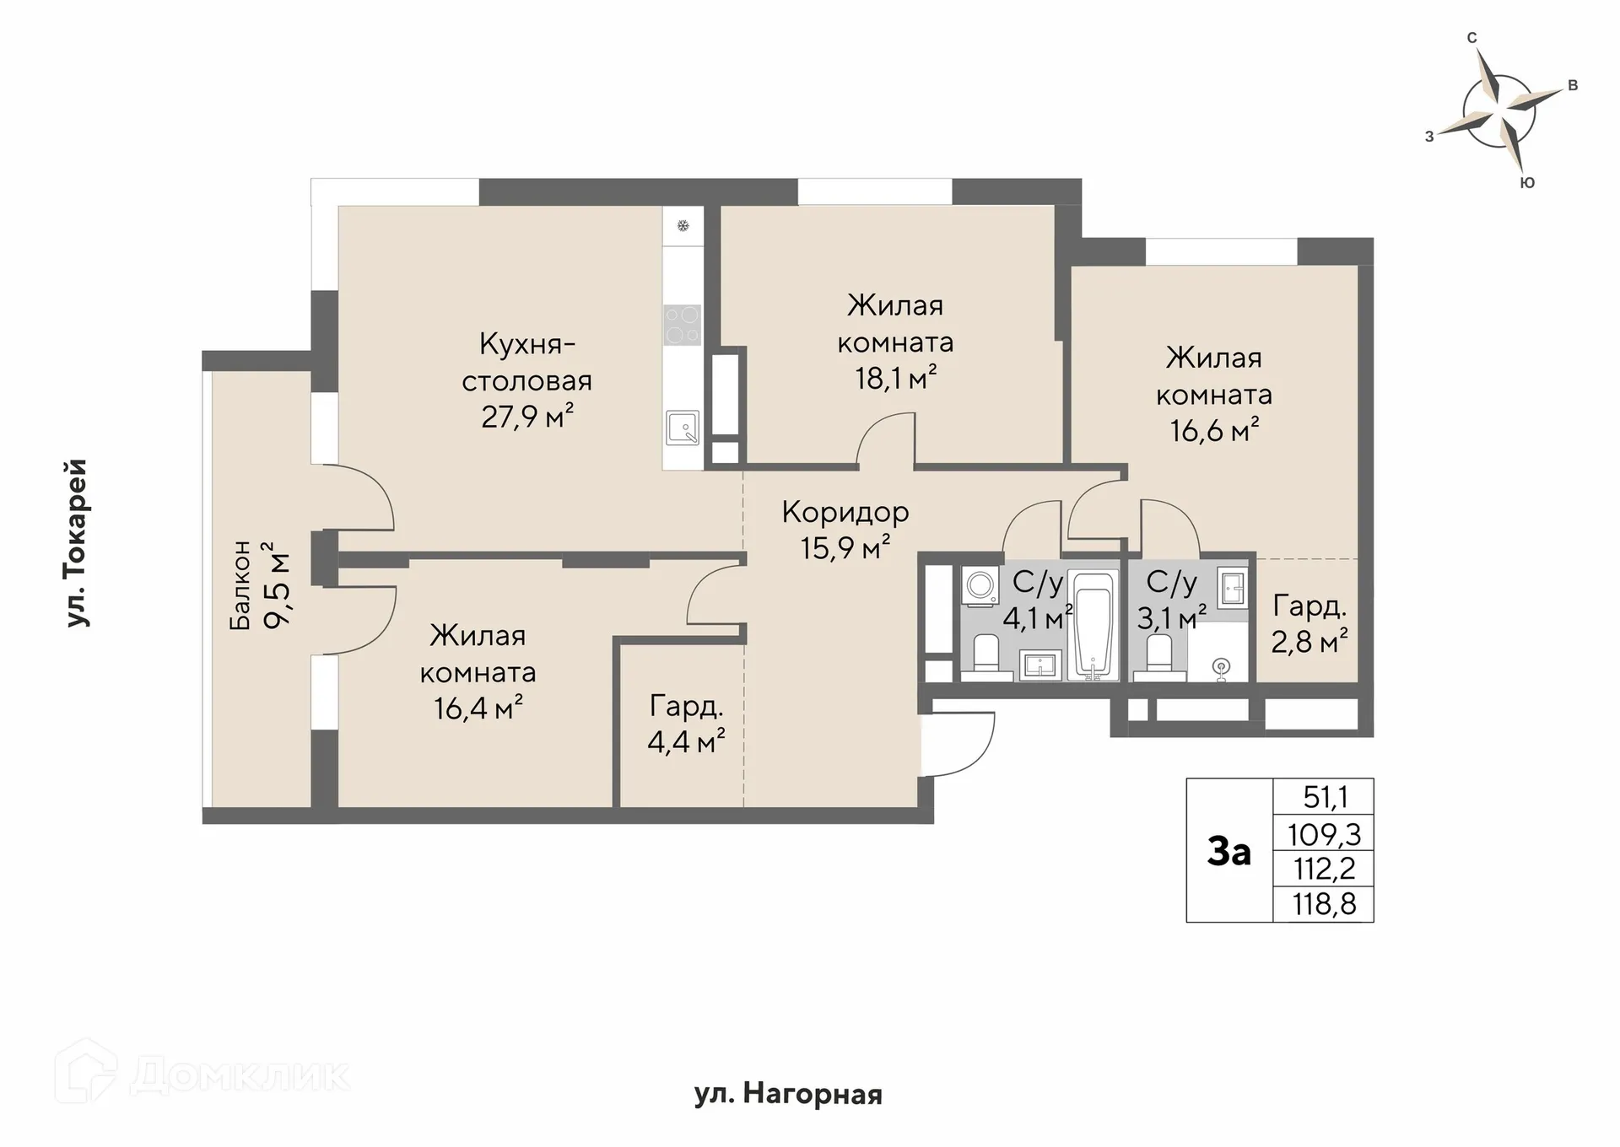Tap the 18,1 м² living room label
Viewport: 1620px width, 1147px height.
click(x=895, y=342)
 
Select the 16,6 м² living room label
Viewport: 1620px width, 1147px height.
click(x=1214, y=394)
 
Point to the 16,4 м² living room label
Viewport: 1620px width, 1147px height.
click(x=478, y=672)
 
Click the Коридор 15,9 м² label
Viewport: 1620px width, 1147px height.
click(x=845, y=530)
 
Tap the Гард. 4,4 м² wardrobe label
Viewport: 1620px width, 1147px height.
click(x=686, y=724)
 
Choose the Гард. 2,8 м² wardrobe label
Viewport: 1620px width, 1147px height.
click(x=1309, y=624)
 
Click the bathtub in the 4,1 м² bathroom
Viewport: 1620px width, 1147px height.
click(x=1093, y=624)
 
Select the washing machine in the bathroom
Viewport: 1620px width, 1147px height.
click(x=981, y=584)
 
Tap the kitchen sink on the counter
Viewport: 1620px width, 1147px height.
click(x=683, y=428)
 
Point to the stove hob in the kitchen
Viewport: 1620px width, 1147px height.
click(x=683, y=325)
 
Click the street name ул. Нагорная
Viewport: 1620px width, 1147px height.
click(x=788, y=1095)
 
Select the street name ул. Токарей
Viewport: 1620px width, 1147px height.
click(x=77, y=543)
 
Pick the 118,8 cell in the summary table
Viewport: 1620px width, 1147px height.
click(x=1324, y=904)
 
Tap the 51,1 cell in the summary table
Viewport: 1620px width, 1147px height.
click(x=1324, y=797)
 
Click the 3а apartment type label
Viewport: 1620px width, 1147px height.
click(x=1229, y=851)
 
